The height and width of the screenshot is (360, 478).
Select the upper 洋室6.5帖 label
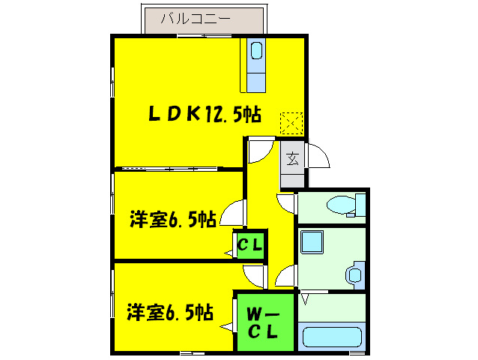[x=173, y=220]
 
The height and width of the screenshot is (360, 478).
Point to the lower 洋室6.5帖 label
[x=169, y=310]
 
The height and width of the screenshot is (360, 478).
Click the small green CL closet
[x=249, y=244]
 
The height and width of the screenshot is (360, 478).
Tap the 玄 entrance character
[x=293, y=159]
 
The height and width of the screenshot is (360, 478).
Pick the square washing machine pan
[x=312, y=242]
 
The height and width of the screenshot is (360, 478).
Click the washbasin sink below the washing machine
[x=354, y=274]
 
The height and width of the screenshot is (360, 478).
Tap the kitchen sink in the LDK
[x=257, y=51]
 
